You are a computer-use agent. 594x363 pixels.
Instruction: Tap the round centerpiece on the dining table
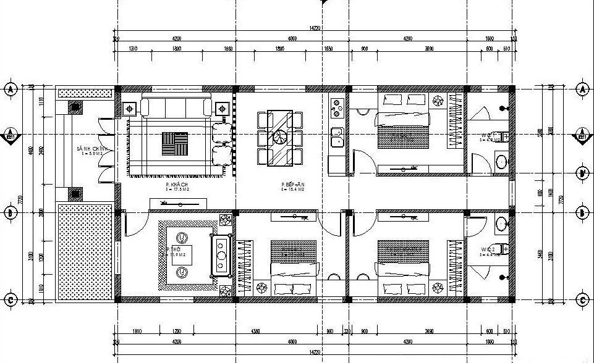[281, 137]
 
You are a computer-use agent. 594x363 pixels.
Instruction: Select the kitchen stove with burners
[337, 107]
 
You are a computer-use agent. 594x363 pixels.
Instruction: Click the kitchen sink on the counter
[337, 137]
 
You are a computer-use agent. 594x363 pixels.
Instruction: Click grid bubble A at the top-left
[11, 89]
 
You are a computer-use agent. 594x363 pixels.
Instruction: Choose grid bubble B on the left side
[11, 213]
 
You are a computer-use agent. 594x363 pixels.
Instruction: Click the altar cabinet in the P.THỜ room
[221, 254]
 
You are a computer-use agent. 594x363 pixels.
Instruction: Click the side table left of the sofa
[131, 109]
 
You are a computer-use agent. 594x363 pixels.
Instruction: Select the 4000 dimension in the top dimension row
[292, 38]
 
